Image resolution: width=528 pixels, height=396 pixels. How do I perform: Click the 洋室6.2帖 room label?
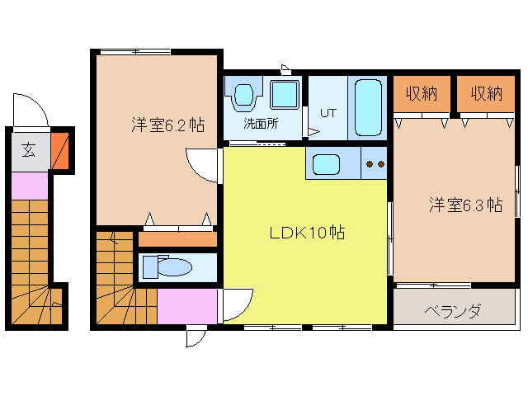tap(167, 125)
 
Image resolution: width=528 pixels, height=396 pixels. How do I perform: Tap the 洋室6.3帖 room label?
tap(465, 205)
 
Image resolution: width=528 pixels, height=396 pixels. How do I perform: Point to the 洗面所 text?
tap(260, 125)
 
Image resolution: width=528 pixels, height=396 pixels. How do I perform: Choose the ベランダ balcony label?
tap(452, 311)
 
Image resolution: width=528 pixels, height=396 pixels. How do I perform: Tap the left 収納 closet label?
tap(421, 94)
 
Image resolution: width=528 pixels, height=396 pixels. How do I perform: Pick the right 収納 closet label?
tap(487, 94)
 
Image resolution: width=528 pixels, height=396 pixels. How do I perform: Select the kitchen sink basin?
tap(325, 164)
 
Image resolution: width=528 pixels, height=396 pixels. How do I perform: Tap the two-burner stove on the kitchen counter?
tap(375, 163)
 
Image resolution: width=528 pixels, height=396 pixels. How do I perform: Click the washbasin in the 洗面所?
tap(244, 97)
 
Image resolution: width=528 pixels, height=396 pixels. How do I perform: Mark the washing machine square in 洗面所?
tap(285, 96)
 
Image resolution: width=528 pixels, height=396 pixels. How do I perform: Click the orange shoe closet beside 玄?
tap(60, 150)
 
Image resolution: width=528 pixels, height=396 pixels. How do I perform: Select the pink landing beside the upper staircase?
tap(188, 307)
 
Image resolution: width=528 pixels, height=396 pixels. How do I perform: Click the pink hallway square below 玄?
tap(31, 186)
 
